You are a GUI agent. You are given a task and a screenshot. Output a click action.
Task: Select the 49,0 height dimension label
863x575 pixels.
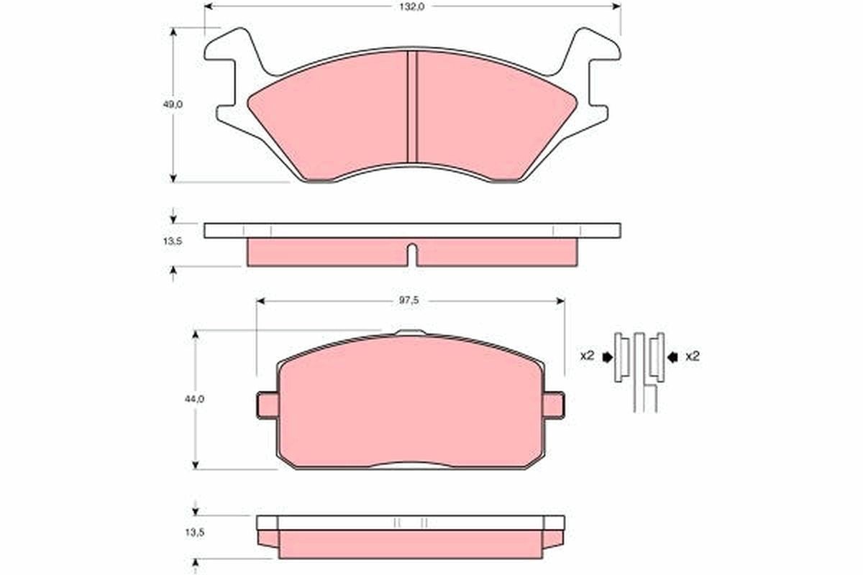pyautogui.click(x=173, y=104)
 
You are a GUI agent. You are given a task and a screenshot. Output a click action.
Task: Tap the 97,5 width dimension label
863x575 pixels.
pyautogui.click(x=411, y=301)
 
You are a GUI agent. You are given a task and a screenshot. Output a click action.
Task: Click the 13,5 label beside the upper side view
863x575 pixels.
pyautogui.click(x=173, y=241)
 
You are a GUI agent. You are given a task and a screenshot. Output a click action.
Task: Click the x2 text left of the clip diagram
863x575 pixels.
pyautogui.click(x=587, y=356)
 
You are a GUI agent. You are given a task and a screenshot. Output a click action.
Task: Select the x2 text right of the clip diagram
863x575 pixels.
pyautogui.click(x=692, y=356)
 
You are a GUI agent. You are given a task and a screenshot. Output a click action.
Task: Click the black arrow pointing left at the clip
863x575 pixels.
pyautogui.click(x=672, y=356)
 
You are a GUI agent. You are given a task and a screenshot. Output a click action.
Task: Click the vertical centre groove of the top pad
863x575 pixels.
pyautogui.click(x=413, y=108)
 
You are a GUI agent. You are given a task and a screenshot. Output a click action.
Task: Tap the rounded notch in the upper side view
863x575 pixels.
pyautogui.click(x=412, y=253)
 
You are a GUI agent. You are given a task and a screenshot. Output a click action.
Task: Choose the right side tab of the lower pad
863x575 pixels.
pyautogui.click(x=554, y=405)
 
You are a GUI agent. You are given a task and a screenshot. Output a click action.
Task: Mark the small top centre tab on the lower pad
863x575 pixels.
pyautogui.click(x=411, y=333)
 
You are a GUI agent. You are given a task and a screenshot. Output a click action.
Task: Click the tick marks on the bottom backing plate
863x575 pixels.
pyautogui.click(x=410, y=523)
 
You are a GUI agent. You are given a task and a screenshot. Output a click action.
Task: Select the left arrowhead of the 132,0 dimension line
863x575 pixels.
pyautogui.click(x=209, y=6)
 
